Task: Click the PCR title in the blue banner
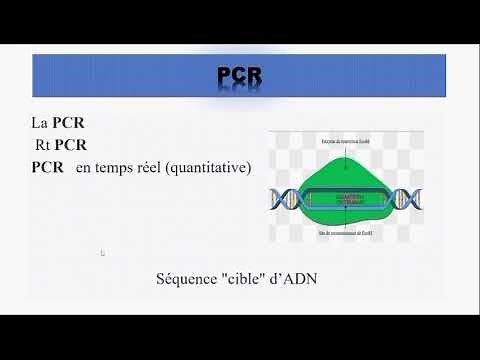pos(240,76)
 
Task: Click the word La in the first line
pos(40,125)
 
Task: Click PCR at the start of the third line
pos(48,167)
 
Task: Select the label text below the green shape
pos(345,233)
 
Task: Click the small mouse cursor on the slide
pos(103,253)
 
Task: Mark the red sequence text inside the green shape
pos(345,198)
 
